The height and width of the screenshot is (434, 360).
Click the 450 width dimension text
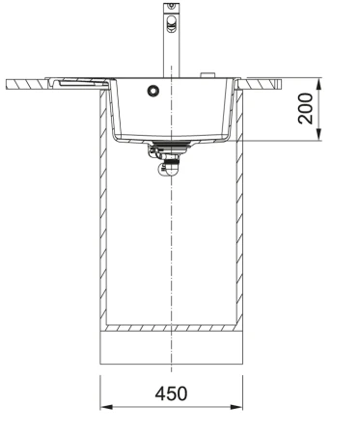point(172,394)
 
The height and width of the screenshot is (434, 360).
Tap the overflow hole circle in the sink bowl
point(152,92)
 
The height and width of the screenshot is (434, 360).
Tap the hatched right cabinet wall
point(239,212)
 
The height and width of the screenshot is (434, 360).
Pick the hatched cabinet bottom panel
point(172,329)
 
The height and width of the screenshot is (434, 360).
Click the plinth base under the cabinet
point(172,348)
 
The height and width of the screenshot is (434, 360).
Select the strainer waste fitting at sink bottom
point(170,146)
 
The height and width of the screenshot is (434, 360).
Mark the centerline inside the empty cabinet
point(172,251)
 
